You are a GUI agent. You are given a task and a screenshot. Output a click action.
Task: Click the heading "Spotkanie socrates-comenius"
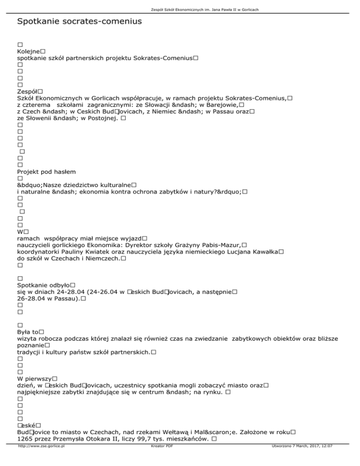coord(79,22)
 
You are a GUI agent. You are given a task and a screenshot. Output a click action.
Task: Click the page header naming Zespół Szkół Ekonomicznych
coord(180,9)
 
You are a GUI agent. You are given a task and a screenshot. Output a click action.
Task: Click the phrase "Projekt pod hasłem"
coord(46,172)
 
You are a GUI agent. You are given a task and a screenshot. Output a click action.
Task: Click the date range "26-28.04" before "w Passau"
coord(30,298)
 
